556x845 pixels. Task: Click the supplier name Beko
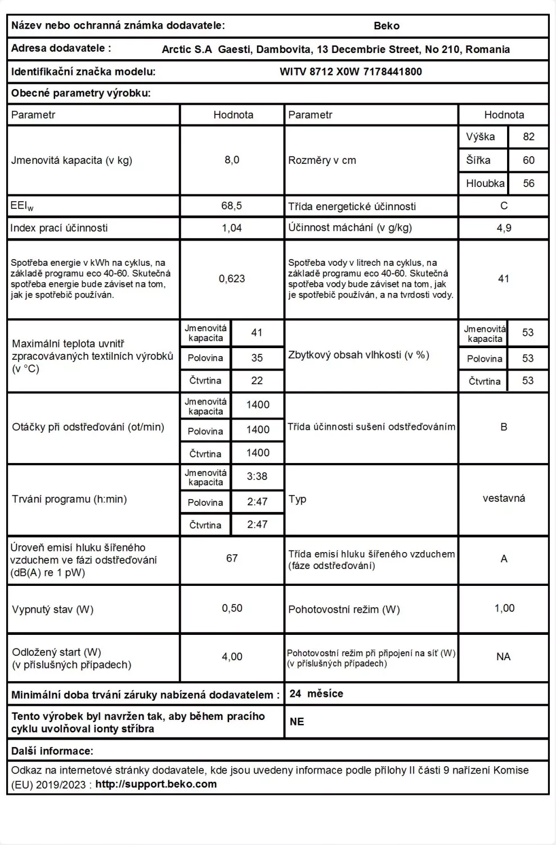[386, 26]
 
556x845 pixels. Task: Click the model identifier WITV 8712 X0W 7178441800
[351, 72]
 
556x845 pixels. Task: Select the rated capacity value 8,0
[232, 160]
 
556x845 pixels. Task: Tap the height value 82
[528, 137]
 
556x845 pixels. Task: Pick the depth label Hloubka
[485, 184]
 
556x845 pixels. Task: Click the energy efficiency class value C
[504, 206]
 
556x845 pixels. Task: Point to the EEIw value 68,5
[232, 206]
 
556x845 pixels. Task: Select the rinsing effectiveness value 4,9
[504, 228]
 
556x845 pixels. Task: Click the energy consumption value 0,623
[232, 279]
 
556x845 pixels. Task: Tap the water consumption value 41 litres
[504, 279]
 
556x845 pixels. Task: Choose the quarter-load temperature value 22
[257, 381]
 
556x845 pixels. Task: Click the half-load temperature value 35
[257, 358]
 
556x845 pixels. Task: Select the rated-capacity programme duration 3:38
[257, 477]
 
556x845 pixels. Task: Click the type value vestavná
[504, 499]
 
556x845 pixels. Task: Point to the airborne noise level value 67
[232, 558]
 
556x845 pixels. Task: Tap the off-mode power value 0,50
[232, 608]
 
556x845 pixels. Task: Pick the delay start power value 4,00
[232, 657]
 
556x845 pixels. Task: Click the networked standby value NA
[504, 657]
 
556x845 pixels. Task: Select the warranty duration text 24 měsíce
[316, 694]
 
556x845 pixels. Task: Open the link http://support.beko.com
[156, 784]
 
